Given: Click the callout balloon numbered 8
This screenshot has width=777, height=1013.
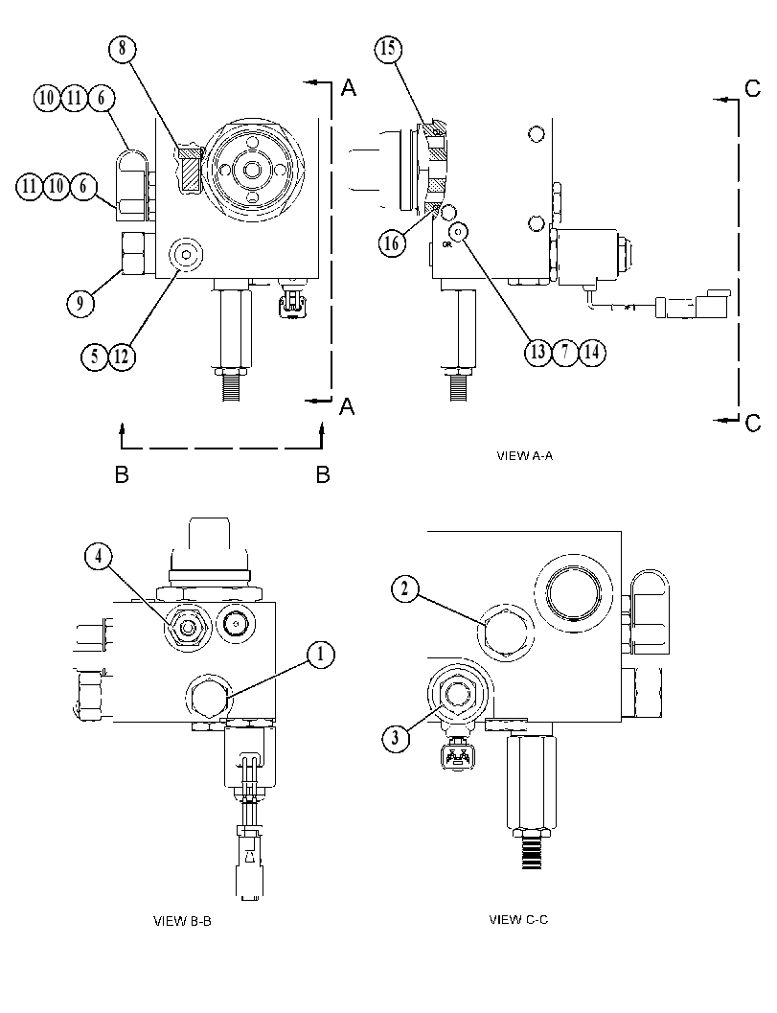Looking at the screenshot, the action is coord(122,49).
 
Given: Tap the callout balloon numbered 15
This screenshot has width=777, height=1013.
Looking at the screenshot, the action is coord(387,49).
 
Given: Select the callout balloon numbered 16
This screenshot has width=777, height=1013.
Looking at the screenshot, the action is coord(392,242).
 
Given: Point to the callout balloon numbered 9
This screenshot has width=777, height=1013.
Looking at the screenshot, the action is coord(80,302).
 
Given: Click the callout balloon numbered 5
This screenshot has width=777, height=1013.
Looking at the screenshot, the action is coord(95,356).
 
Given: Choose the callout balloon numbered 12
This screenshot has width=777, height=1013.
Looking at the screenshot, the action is coord(122,356).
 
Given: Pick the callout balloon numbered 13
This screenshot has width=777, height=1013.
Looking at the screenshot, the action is coord(538,352).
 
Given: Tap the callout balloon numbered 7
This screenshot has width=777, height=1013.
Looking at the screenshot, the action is coord(565,352).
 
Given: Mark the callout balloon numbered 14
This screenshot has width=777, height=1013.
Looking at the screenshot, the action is coord(592,352).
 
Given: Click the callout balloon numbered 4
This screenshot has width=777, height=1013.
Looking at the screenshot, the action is coord(99,557).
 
